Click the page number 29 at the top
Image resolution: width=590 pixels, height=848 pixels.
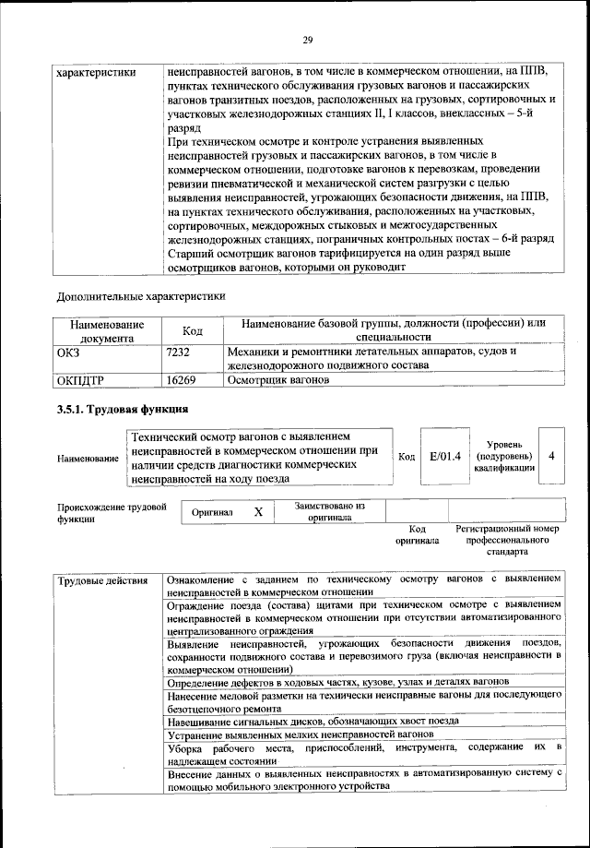tap(308, 39)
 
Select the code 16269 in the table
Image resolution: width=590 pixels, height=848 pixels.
tap(181, 379)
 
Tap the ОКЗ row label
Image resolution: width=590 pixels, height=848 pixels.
tap(69, 352)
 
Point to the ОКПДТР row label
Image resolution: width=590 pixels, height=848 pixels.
tap(81, 379)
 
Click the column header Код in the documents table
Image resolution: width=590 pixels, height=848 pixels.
tap(193, 330)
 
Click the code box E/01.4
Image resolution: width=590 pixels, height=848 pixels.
tap(445, 456)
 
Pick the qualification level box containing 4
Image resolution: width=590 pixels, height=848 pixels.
tap(551, 456)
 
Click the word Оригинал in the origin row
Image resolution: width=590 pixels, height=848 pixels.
tap(212, 512)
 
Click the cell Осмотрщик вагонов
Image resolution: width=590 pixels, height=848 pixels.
tap(278, 379)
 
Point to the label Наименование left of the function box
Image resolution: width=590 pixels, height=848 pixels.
tap(88, 459)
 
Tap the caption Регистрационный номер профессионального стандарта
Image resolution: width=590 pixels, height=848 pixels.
tap(508, 541)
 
